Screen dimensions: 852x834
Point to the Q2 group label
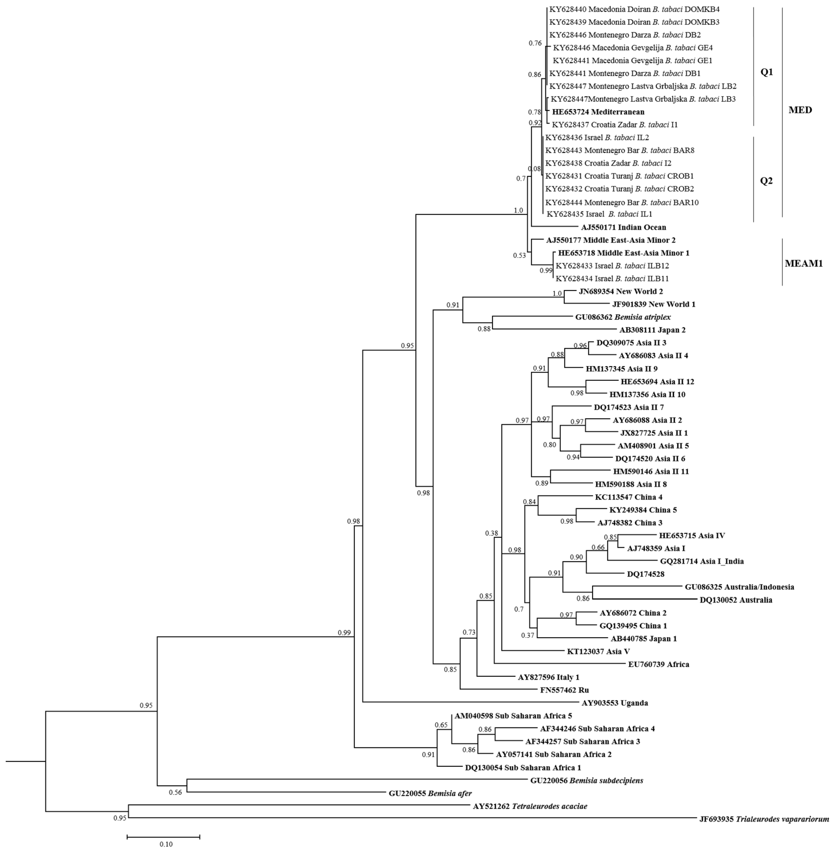766,181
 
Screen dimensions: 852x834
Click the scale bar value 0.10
165,844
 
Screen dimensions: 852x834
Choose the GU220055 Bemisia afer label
430,793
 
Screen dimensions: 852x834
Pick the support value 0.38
492,533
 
